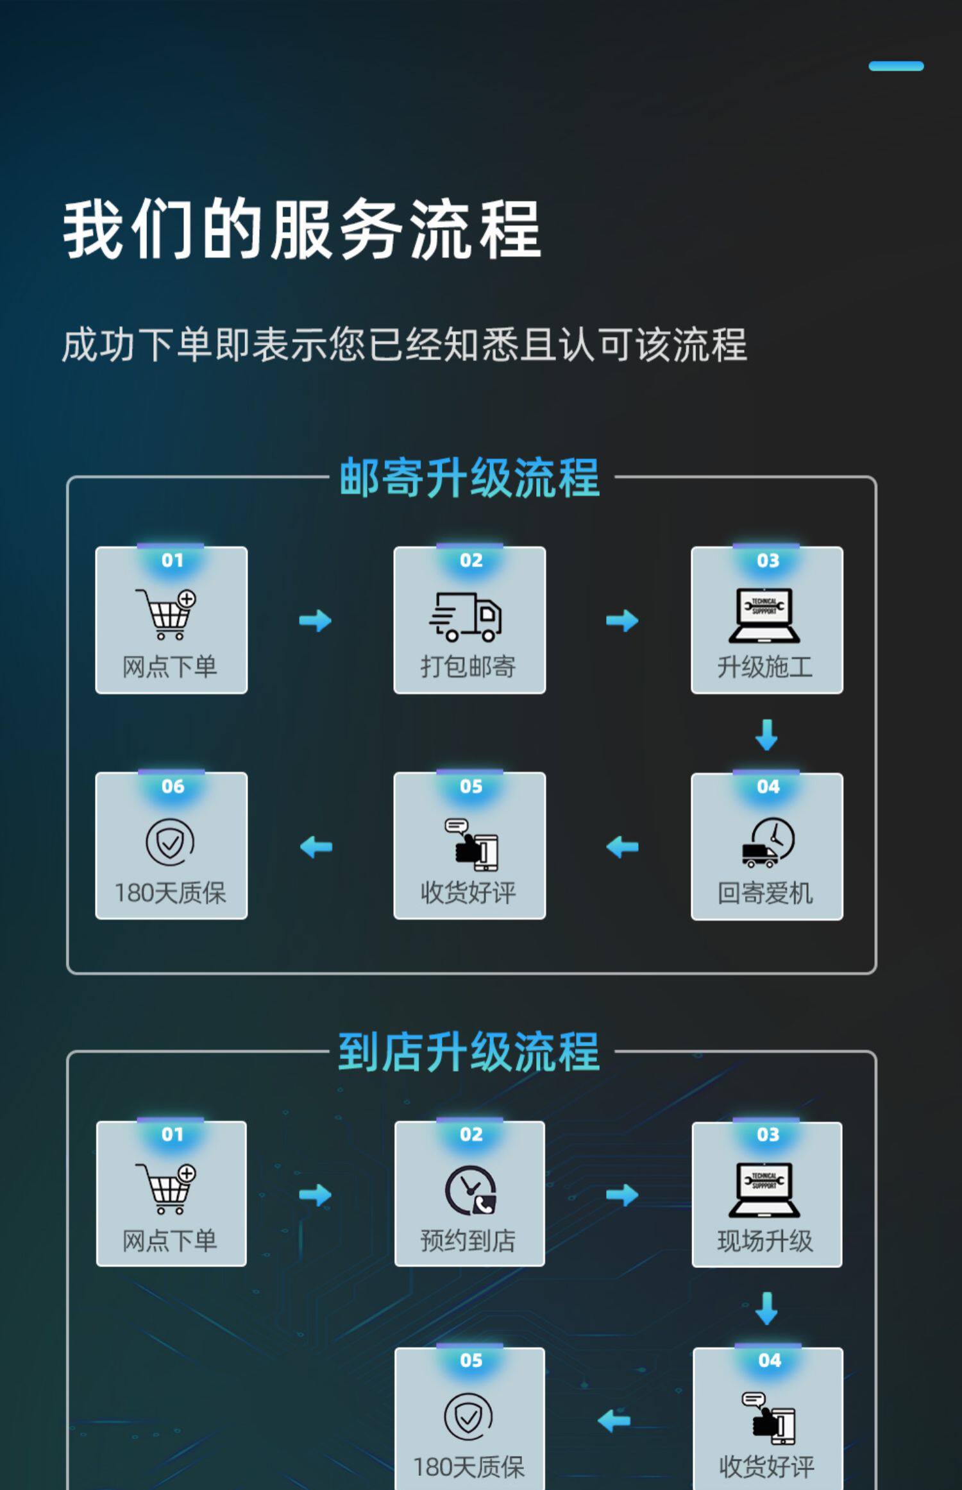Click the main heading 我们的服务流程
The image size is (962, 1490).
point(301,229)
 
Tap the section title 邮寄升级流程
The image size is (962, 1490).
point(469,478)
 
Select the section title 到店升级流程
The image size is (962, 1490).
point(469,1052)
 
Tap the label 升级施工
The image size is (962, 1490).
point(765,667)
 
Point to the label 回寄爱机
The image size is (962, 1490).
point(765,893)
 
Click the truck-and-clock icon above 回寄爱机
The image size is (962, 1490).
point(768,843)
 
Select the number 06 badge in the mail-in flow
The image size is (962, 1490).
point(173,786)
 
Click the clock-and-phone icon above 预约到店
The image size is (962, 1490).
point(470,1190)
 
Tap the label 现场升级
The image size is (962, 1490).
point(765,1242)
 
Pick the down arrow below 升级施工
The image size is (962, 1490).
point(766,734)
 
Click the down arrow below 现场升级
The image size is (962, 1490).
point(766,1308)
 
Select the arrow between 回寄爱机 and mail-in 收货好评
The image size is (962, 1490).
point(622,847)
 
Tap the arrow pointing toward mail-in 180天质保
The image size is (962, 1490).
point(316,847)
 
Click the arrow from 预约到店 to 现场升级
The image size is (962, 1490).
point(622,1195)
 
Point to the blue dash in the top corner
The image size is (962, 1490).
point(896,66)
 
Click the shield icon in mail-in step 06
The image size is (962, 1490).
point(170,843)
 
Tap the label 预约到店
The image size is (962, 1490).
point(468,1241)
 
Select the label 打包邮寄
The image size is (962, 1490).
point(468,667)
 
